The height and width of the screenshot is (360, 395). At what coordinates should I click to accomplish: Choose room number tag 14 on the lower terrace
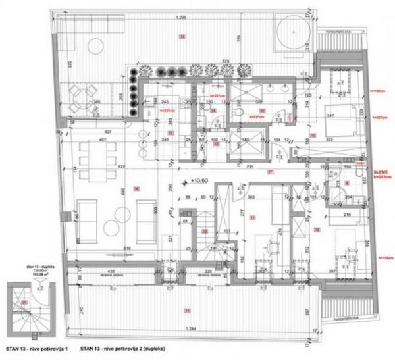[x=188, y=310]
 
